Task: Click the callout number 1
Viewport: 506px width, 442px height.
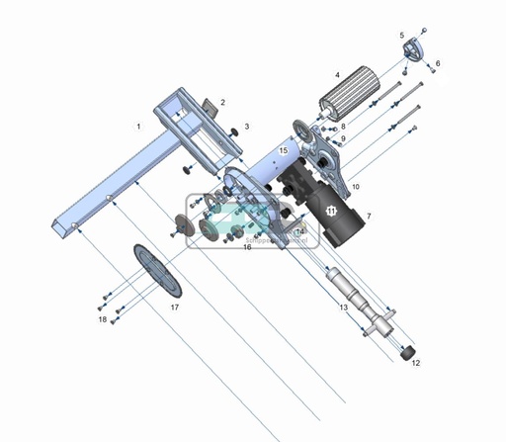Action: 139,127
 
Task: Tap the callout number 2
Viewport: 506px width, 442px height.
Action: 223,102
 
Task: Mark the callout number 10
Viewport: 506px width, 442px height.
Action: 354,186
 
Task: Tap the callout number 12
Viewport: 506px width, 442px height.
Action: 415,363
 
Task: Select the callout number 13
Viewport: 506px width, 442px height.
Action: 343,309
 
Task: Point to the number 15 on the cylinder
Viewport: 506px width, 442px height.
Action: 283,151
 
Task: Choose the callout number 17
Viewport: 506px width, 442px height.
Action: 175,308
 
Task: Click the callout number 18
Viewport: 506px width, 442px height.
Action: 102,319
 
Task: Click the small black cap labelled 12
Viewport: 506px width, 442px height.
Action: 405,350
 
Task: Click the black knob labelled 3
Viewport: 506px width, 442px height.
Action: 232,129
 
